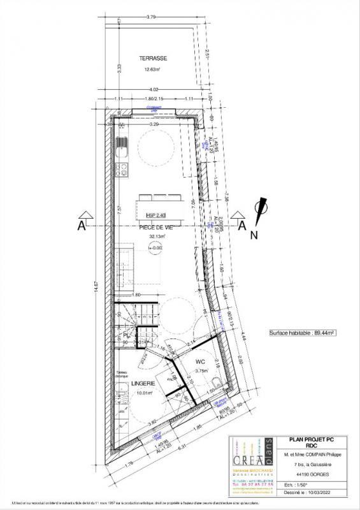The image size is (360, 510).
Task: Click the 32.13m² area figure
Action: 157,236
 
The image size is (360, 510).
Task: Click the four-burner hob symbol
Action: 121,170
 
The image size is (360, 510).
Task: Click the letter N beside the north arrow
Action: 252,235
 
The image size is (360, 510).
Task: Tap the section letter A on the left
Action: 81,225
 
